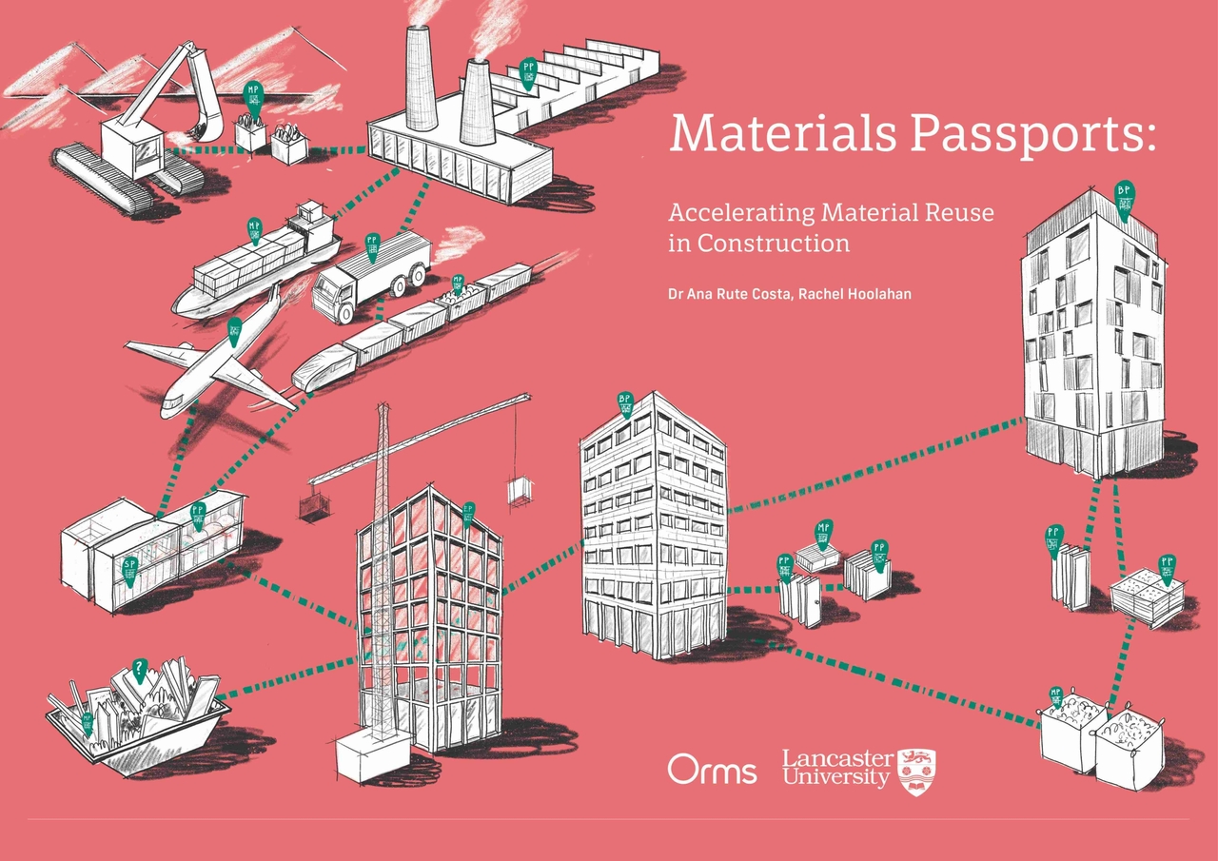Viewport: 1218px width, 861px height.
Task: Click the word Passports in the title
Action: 1032,133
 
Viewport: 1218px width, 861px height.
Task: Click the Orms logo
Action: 712,769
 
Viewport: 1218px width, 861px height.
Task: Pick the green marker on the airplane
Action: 234,332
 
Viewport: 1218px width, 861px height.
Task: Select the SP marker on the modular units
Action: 130,568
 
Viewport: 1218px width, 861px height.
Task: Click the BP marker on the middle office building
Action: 625,404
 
